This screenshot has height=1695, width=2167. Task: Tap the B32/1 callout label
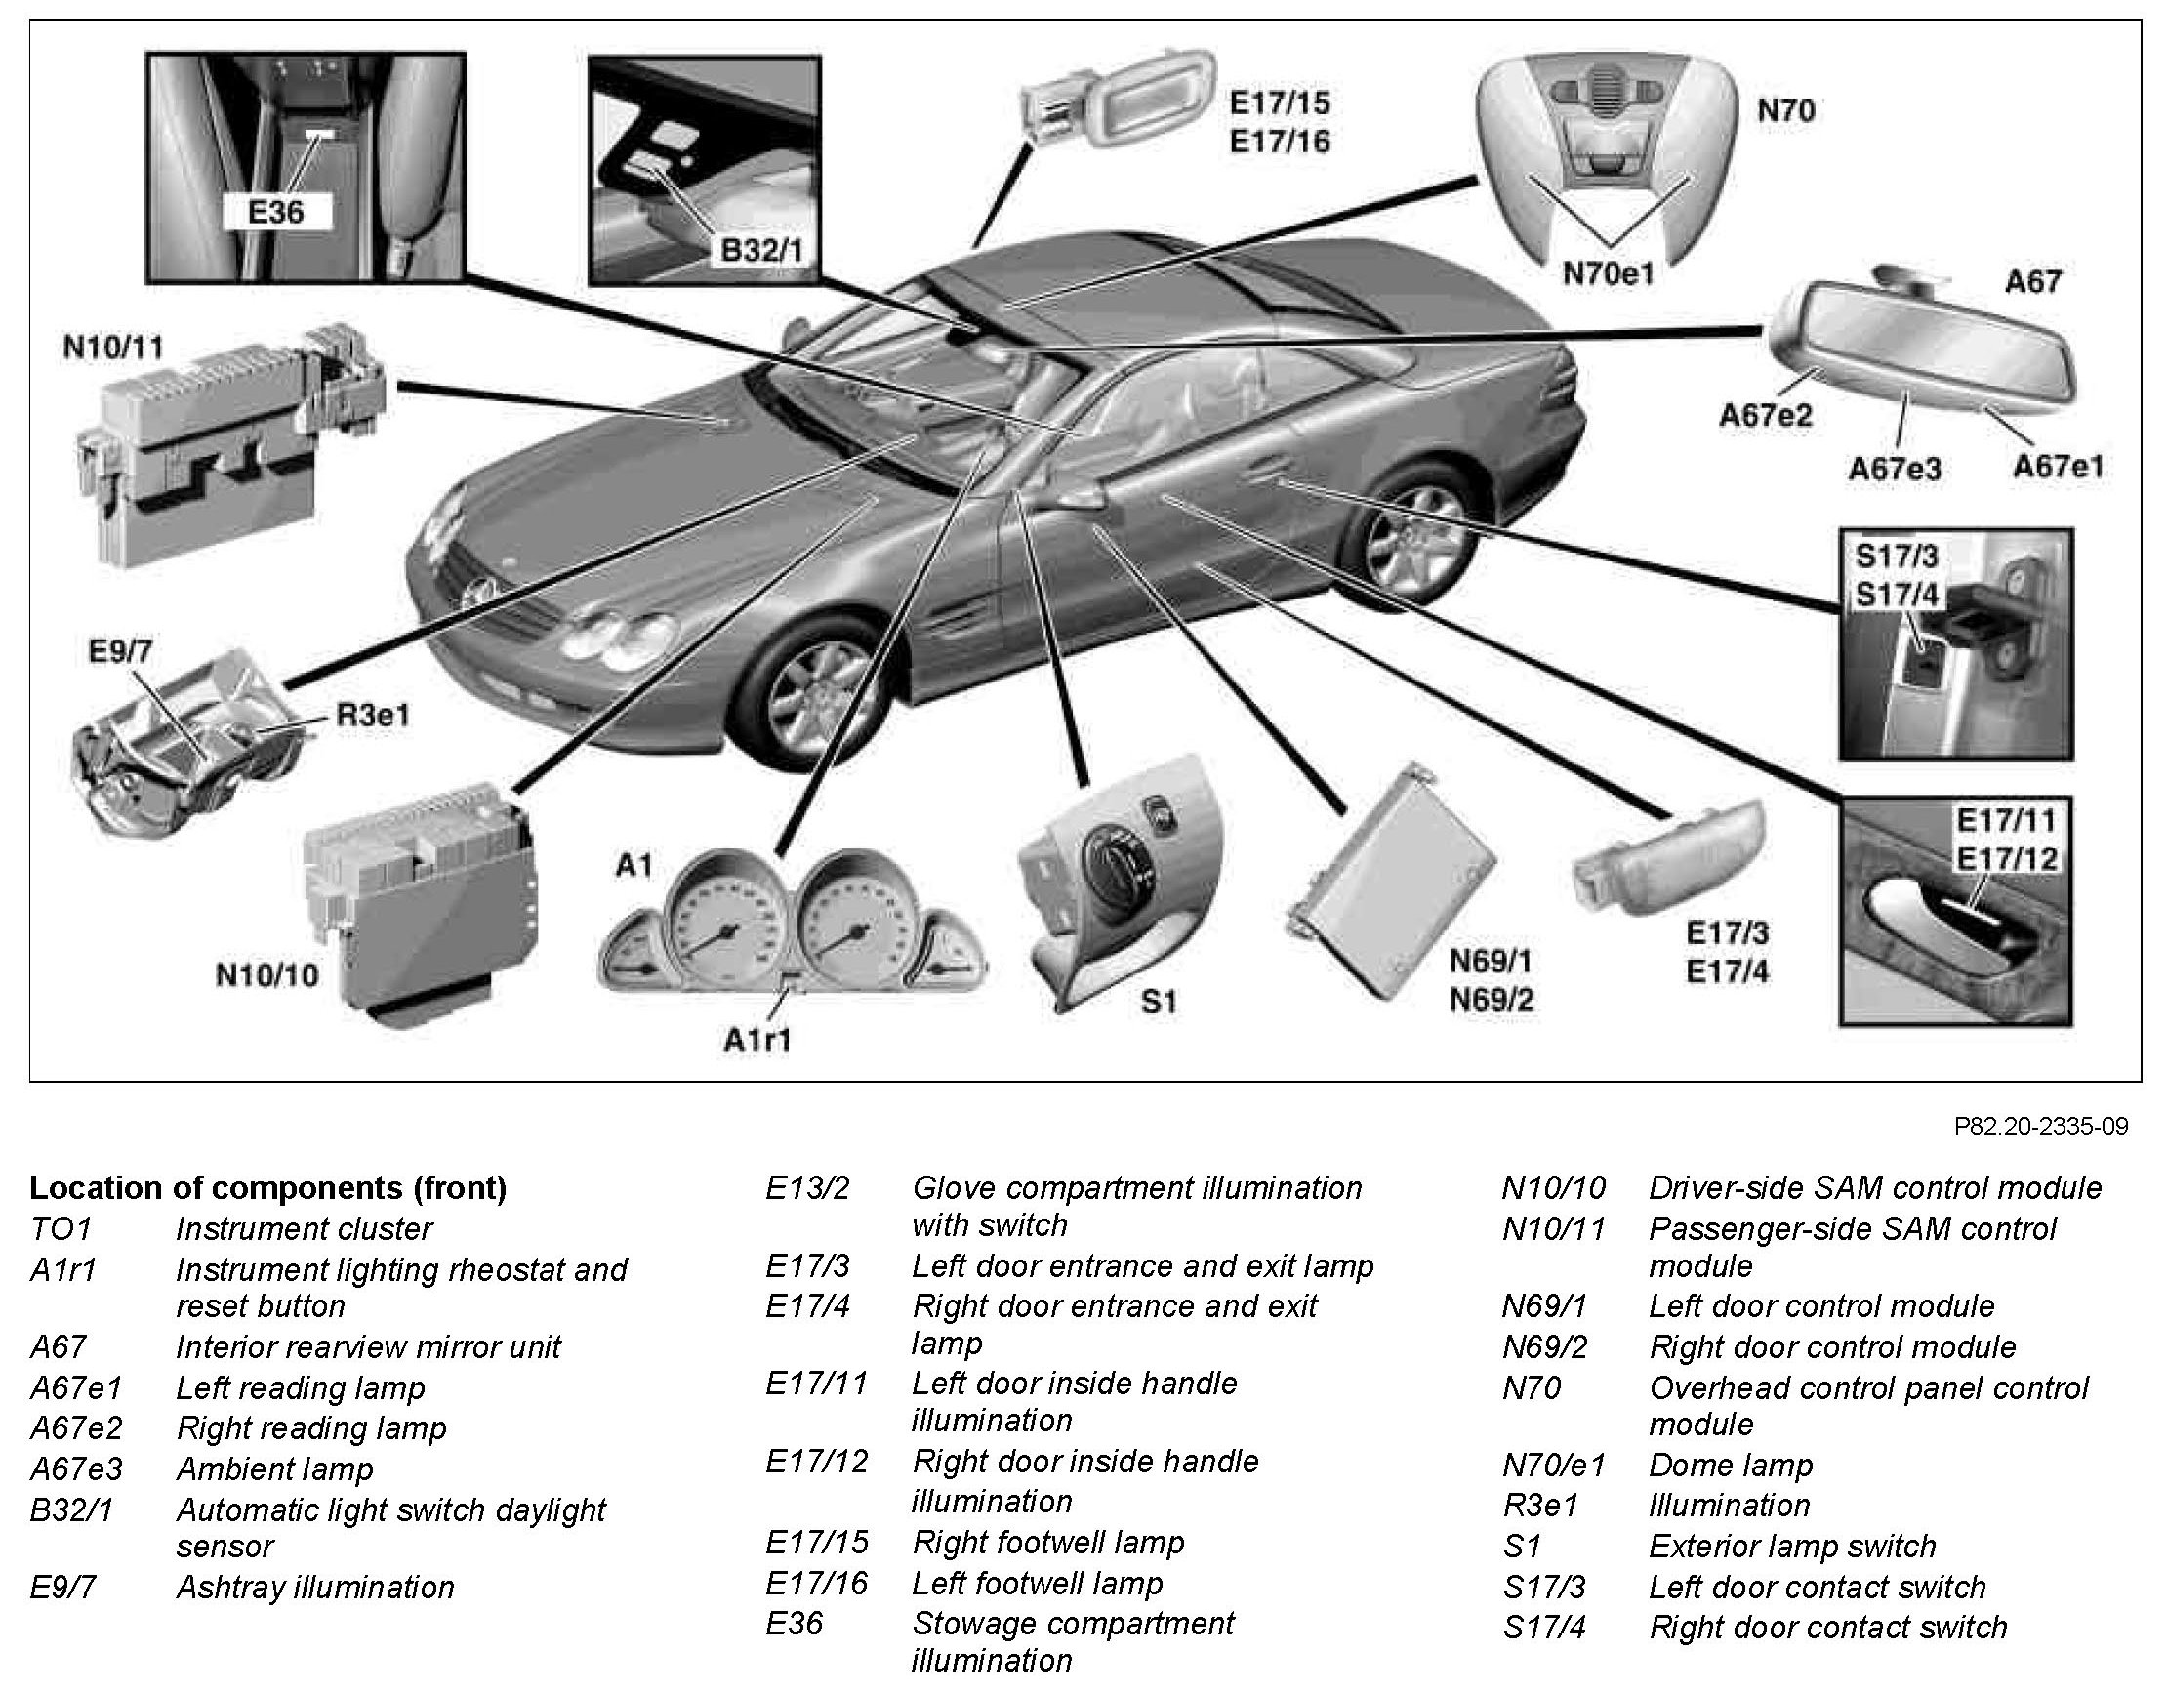coord(762,249)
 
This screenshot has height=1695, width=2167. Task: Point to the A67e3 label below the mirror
coord(1894,468)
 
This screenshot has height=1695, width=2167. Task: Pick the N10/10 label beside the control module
coord(266,974)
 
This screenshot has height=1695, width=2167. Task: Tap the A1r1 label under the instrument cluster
coord(758,1039)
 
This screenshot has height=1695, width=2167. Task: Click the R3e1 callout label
coord(372,715)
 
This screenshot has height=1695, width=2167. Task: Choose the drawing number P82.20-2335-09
coord(2040,1127)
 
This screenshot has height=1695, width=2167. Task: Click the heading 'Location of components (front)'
coord(267,1188)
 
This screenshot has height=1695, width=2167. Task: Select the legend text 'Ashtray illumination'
coord(314,1587)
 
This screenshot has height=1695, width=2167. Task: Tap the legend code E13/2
coord(806,1188)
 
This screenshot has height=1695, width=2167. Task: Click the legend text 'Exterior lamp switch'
coord(1792,1547)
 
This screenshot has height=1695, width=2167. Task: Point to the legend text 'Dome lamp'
coord(1731,1465)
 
